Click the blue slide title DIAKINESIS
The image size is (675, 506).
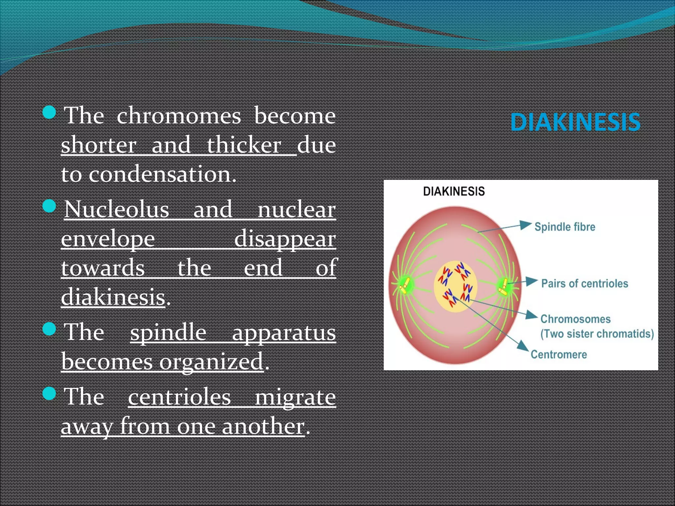[x=575, y=122]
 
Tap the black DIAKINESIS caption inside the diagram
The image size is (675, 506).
[x=454, y=191]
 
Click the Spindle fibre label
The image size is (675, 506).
[x=565, y=227]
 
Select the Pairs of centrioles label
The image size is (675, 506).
[x=584, y=284]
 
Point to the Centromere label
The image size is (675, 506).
[x=559, y=355]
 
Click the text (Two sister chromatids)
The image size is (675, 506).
[x=597, y=334]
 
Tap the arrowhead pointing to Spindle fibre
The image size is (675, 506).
[x=525, y=225]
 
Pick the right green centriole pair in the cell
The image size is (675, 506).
[x=503, y=286]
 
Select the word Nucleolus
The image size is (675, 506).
[x=117, y=210]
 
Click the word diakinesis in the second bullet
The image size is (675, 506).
[x=113, y=297]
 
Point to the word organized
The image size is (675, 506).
[x=211, y=362]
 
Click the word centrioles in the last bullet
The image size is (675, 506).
[x=179, y=397]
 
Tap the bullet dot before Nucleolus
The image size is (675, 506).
[x=49, y=206]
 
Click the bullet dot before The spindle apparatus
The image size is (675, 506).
[x=49, y=329]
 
